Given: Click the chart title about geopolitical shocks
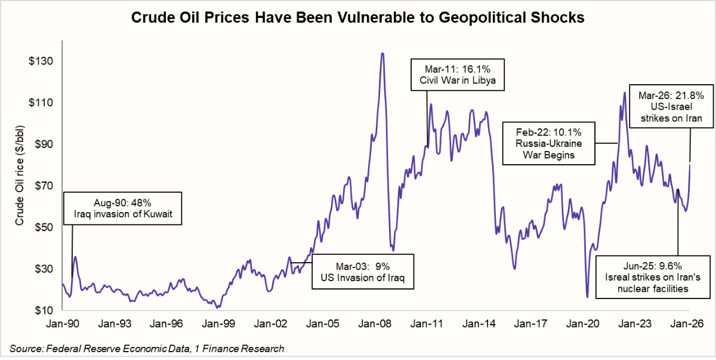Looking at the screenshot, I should [359, 18].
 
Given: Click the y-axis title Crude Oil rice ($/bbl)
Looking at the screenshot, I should [20, 186].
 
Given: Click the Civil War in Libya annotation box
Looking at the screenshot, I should [458, 74].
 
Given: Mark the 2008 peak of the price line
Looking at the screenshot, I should [382, 54].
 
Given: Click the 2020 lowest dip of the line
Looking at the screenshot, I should [587, 296].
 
